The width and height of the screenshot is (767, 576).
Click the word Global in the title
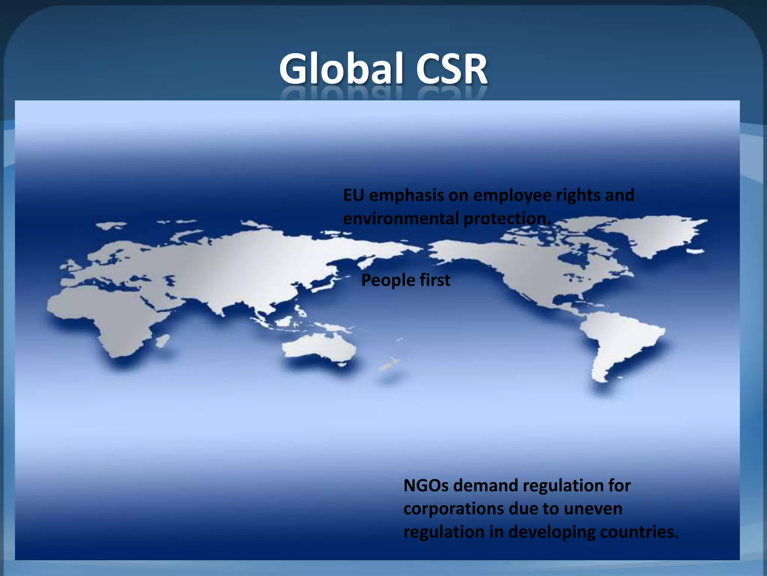[x=341, y=69]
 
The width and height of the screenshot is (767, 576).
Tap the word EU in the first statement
[x=354, y=195]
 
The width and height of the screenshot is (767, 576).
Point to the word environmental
[x=401, y=219]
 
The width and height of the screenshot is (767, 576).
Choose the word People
[x=388, y=280]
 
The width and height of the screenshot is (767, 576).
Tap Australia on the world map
[x=318, y=347]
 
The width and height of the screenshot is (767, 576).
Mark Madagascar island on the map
[x=163, y=341]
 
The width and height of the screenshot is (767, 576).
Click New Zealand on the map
[x=389, y=364]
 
